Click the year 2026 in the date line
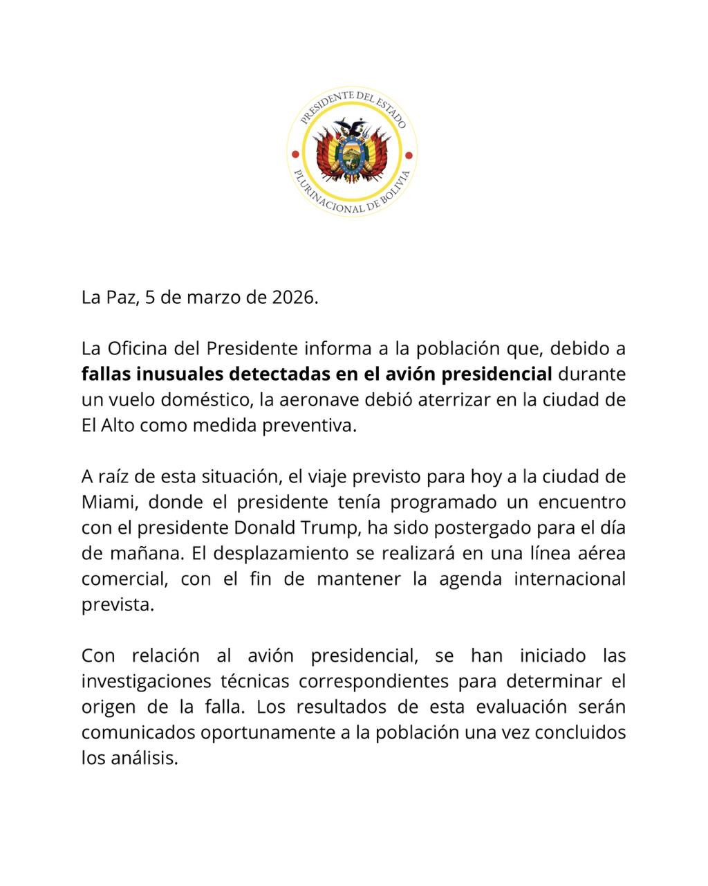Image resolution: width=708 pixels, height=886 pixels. pyautogui.click(x=293, y=298)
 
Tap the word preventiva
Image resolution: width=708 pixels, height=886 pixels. pyautogui.click(x=309, y=425)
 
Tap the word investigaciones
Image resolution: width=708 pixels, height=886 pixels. pyautogui.click(x=145, y=681)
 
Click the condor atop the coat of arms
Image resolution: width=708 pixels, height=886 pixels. pyautogui.click(x=352, y=127)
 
